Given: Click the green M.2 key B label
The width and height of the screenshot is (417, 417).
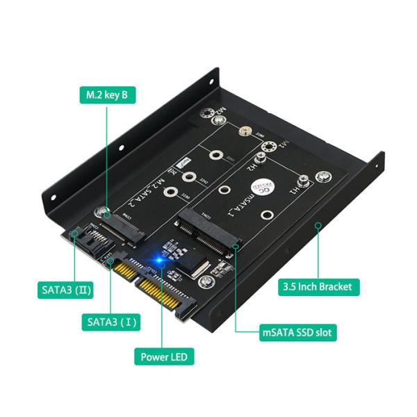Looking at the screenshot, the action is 106,95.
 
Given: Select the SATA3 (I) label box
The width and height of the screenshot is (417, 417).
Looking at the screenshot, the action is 113,322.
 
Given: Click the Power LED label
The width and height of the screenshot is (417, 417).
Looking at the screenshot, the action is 164,357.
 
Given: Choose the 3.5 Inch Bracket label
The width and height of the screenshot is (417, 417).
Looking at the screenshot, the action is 317,286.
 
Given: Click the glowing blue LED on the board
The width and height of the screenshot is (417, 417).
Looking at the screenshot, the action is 160,261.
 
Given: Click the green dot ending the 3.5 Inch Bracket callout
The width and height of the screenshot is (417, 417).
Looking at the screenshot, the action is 317,225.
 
